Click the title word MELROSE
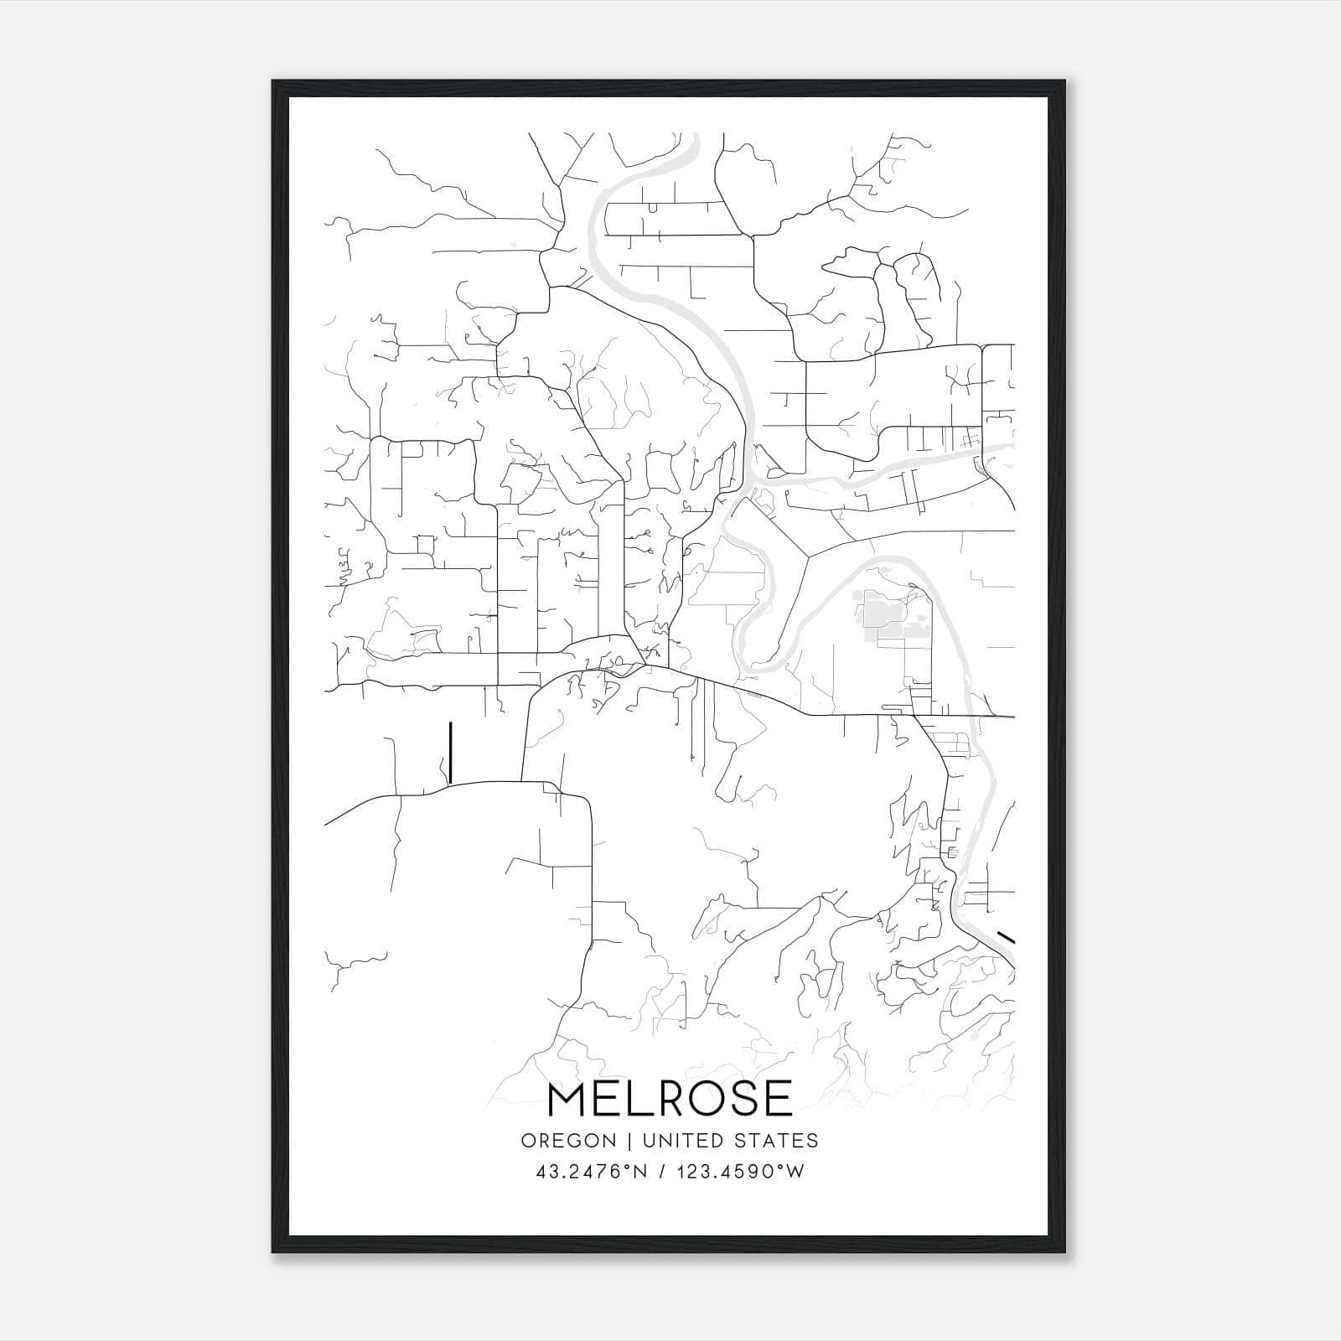(x=670, y=1099)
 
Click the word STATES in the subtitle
(x=776, y=1141)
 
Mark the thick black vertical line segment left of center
(x=451, y=753)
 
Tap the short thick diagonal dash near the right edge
(x=1006, y=936)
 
